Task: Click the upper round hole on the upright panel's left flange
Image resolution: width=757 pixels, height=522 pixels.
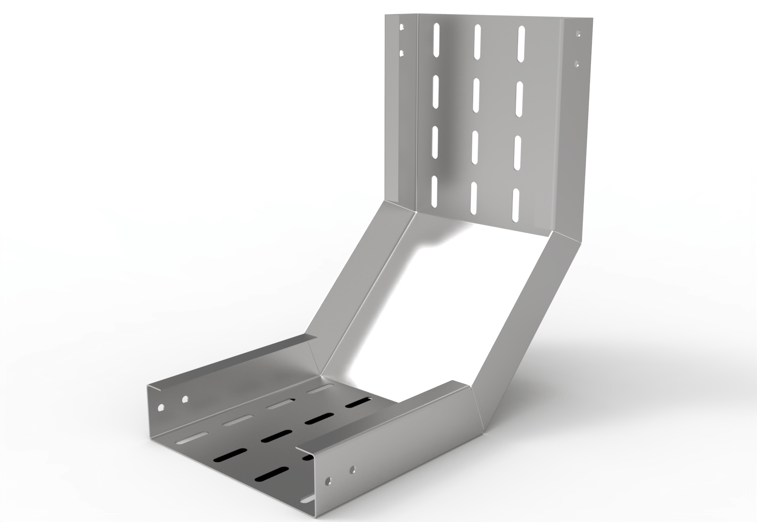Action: (402, 28)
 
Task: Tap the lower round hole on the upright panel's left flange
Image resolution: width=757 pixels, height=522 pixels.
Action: (402, 53)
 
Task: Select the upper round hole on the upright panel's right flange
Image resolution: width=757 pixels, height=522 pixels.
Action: (577, 34)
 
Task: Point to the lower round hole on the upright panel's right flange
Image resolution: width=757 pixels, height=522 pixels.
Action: (576, 62)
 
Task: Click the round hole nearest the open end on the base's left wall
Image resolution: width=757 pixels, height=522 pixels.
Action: (161, 407)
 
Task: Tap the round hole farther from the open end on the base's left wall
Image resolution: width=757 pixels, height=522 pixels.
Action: (185, 399)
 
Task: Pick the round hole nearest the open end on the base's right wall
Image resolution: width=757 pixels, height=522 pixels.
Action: (326, 481)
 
